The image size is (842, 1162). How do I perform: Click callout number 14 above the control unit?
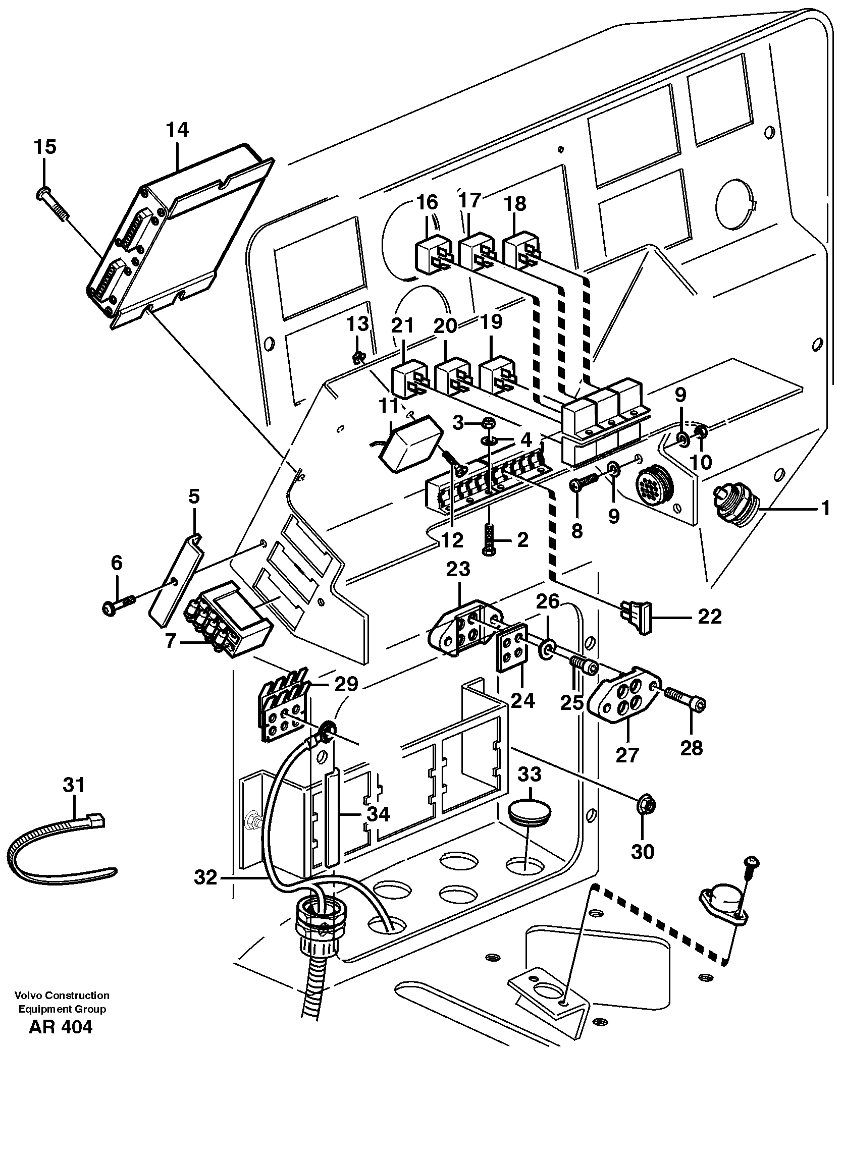177,130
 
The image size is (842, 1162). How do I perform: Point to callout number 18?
515,204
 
